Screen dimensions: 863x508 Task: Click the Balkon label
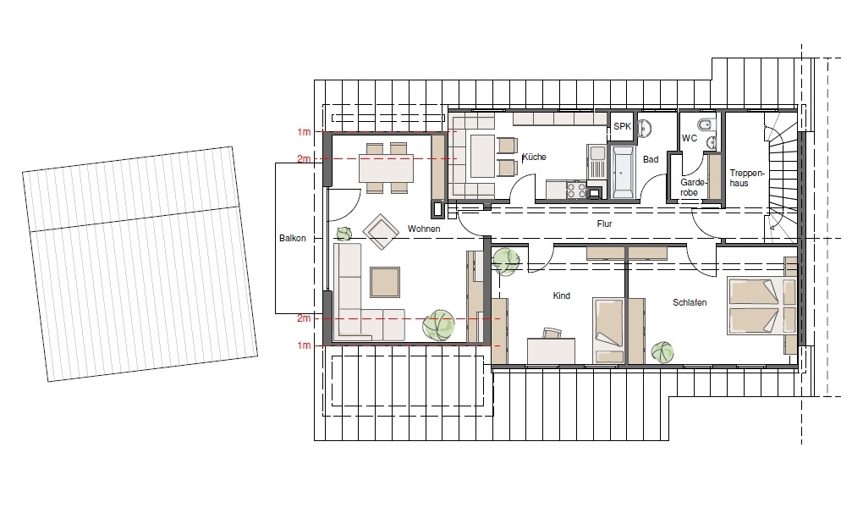pyautogui.click(x=292, y=238)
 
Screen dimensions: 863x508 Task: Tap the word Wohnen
pyautogui.click(x=424, y=229)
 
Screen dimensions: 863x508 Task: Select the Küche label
pyautogui.click(x=534, y=157)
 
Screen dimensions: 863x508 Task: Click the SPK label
pyautogui.click(x=623, y=126)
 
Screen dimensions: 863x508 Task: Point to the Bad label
pyautogui.click(x=651, y=159)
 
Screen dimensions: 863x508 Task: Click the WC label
pyautogui.click(x=690, y=138)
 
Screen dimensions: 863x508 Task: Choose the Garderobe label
pyautogui.click(x=693, y=187)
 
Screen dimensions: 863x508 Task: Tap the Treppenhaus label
pyautogui.click(x=747, y=178)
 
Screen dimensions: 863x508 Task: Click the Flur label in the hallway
pyautogui.click(x=604, y=224)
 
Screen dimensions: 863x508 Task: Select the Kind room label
pyautogui.click(x=562, y=295)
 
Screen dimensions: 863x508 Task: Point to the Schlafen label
pyautogui.click(x=690, y=302)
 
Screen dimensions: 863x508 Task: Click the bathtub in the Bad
pyautogui.click(x=622, y=171)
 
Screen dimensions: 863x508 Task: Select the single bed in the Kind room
pyautogui.click(x=608, y=330)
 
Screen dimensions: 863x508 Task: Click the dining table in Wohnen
pyautogui.click(x=386, y=168)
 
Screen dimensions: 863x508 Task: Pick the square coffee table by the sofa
pyautogui.click(x=385, y=282)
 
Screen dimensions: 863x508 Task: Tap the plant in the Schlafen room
pyautogui.click(x=662, y=351)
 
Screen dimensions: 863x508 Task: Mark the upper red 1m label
pyautogui.click(x=304, y=132)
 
